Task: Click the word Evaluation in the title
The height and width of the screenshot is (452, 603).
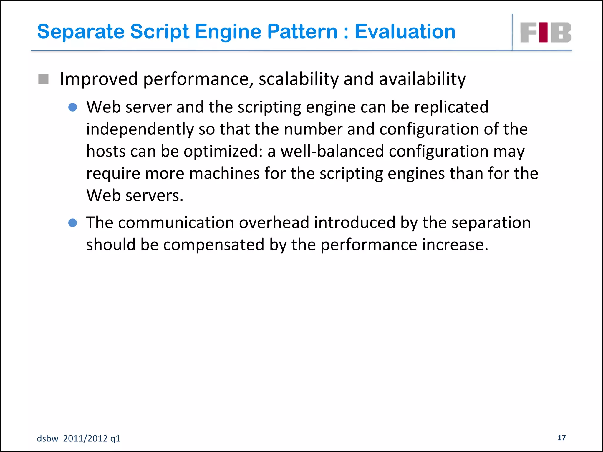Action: pyautogui.click(x=405, y=31)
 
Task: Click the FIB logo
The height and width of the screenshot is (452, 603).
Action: pyautogui.click(x=546, y=33)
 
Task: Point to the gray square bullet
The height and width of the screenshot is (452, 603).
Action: pyautogui.click(x=44, y=79)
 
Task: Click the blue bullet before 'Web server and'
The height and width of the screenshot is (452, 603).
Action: pyautogui.click(x=72, y=107)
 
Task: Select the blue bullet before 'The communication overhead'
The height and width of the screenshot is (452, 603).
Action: pyautogui.click(x=72, y=223)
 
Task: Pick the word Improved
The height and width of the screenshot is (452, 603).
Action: pyautogui.click(x=99, y=79)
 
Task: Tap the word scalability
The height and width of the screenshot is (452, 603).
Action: pyautogui.click(x=299, y=79)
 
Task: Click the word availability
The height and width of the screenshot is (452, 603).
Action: pyautogui.click(x=422, y=79)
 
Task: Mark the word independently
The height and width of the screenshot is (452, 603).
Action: pyautogui.click(x=140, y=129)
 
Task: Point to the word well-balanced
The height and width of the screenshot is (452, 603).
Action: pyautogui.click(x=332, y=151)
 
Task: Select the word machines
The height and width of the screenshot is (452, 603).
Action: pyautogui.click(x=224, y=173)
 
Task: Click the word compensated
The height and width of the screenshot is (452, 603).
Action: pyautogui.click(x=214, y=245)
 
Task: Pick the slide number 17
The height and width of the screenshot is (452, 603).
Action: pyautogui.click(x=561, y=438)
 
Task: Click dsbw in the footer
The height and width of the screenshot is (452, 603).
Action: pyautogui.click(x=47, y=438)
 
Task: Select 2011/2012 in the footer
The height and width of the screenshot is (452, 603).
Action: pyautogui.click(x=85, y=438)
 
